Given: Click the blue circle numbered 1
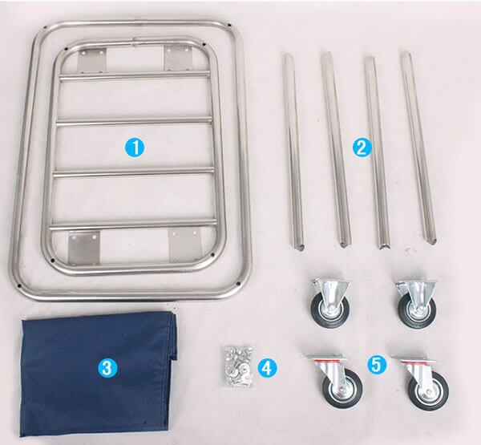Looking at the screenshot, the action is tap(135, 148).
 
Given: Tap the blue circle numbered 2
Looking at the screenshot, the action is tap(362, 148).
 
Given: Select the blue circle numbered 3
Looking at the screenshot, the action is tap(107, 368).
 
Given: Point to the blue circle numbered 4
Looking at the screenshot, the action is tap(267, 368).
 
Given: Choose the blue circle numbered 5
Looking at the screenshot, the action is tap(377, 365).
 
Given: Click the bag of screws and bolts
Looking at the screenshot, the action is tap(238, 366).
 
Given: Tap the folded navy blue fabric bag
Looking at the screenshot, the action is tap(98, 373).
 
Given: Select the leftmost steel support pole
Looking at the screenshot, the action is tap(293, 152).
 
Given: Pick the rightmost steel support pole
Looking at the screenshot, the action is tap(419, 148).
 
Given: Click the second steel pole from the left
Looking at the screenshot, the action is tap(336, 149).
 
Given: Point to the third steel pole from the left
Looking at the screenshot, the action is tap(378, 153).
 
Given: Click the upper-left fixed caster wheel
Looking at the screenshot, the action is tap(330, 302).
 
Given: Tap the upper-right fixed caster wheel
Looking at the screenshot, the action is tap(416, 304).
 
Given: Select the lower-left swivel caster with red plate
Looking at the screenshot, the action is tap(337, 381).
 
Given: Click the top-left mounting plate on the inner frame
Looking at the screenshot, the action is tap(92, 60).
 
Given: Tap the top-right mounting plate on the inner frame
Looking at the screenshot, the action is tap(178, 58).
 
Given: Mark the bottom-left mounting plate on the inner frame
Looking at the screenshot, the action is tap(83, 248).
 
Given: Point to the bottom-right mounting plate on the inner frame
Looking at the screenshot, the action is tap(185, 245).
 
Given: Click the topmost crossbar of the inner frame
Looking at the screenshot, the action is tap(135, 76).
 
